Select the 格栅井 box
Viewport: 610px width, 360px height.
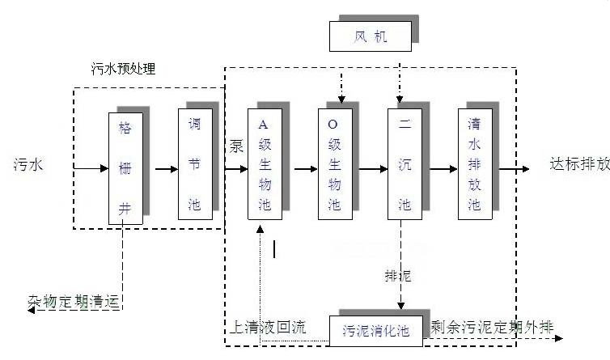(125, 168)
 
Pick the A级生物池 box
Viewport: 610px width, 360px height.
(265, 164)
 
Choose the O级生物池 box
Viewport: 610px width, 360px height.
(335, 164)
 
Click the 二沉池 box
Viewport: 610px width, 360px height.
(405, 164)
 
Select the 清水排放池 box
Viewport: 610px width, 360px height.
(475, 164)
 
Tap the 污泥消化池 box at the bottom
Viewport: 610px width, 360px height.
(375, 330)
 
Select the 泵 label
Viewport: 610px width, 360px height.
(235, 146)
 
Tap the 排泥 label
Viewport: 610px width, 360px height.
(398, 277)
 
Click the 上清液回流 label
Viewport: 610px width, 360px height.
(268, 328)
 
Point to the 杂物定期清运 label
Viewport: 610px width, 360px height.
(78, 303)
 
